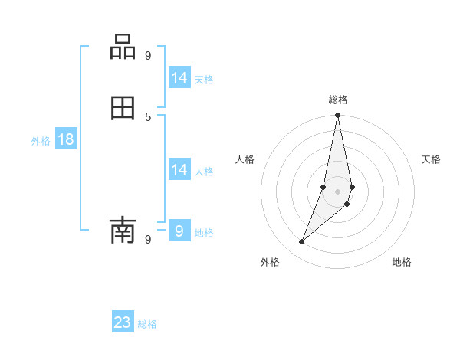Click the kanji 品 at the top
[123, 47]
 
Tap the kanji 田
[123, 109]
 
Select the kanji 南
[123, 229]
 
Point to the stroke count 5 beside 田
[148, 116]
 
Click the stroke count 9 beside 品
[148, 55]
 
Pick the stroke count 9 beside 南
[148, 239]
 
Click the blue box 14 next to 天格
[179, 78]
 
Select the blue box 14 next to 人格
[179, 170]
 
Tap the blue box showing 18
[66, 139]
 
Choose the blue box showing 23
[123, 322]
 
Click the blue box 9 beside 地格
[179, 231]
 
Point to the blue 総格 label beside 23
[147, 324]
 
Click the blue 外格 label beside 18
[41, 141]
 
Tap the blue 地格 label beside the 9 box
[204, 233]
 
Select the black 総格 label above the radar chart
[338, 100]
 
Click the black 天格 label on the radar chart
[431, 159]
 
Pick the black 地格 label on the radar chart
[402, 263]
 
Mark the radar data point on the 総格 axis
[338, 116]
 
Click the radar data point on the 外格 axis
[301, 242]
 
